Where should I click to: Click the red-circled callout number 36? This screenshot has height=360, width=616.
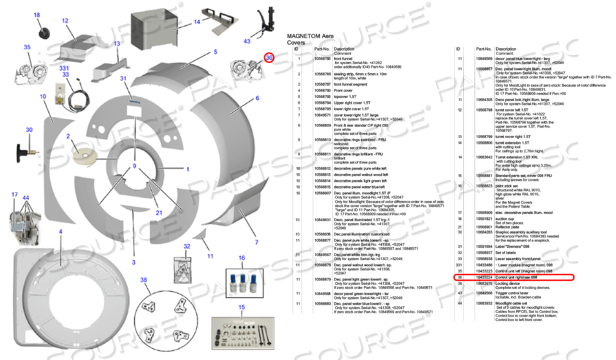pyautogui.click(x=269, y=58)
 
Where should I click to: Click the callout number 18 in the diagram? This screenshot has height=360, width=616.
pyautogui.click(x=36, y=15)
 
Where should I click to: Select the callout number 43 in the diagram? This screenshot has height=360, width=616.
pyautogui.click(x=246, y=42)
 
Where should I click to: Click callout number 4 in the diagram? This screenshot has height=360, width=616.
pyautogui.click(x=60, y=232)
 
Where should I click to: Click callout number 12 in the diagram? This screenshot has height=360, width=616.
pyautogui.click(x=65, y=21)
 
